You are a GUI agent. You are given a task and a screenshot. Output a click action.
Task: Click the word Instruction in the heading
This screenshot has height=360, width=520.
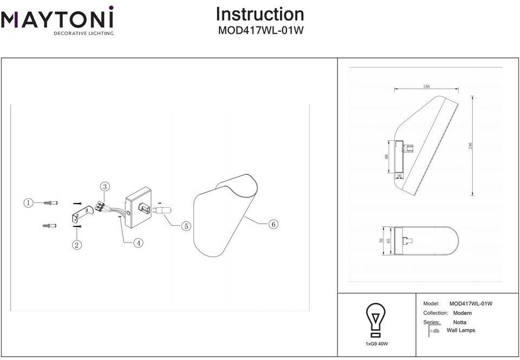pyautogui.click(x=260, y=14)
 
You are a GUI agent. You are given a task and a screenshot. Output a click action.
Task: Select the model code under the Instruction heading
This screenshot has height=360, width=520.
pyautogui.click(x=260, y=31)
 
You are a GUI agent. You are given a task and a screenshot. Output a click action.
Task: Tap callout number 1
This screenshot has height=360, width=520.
pyautogui.click(x=28, y=203)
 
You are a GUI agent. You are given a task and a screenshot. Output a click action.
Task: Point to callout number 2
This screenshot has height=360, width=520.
pyautogui.click(x=77, y=245)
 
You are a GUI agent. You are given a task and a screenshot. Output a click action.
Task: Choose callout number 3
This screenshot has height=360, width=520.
pyautogui.click(x=105, y=187)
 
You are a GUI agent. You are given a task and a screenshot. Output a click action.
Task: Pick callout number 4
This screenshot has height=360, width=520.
pyautogui.click(x=139, y=243)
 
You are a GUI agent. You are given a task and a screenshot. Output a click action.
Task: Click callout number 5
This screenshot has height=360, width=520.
pyautogui.click(x=186, y=226)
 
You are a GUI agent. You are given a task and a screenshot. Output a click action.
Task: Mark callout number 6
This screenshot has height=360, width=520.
pyautogui.click(x=273, y=224)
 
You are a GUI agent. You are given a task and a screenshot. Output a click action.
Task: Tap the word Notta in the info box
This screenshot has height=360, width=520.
pyautogui.click(x=459, y=322)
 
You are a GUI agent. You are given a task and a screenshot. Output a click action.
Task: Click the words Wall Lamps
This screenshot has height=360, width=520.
pyautogui.click(x=460, y=330)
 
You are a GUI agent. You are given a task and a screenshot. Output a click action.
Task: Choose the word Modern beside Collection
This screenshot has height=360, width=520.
pyautogui.click(x=462, y=313)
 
